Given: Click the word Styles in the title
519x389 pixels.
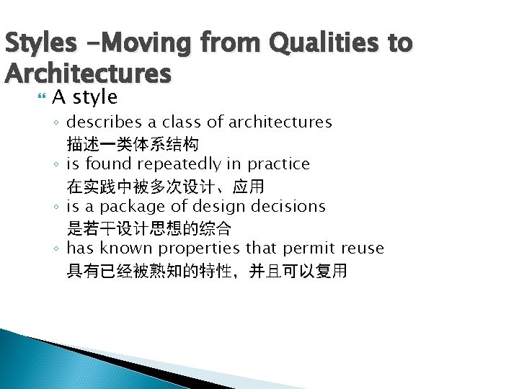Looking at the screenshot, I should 41,43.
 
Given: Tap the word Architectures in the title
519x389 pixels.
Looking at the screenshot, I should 88,73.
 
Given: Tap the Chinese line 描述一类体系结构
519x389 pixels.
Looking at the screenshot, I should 133,143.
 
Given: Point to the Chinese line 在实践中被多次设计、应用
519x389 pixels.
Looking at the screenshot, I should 165,186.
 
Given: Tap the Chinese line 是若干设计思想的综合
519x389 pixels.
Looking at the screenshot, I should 148,228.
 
